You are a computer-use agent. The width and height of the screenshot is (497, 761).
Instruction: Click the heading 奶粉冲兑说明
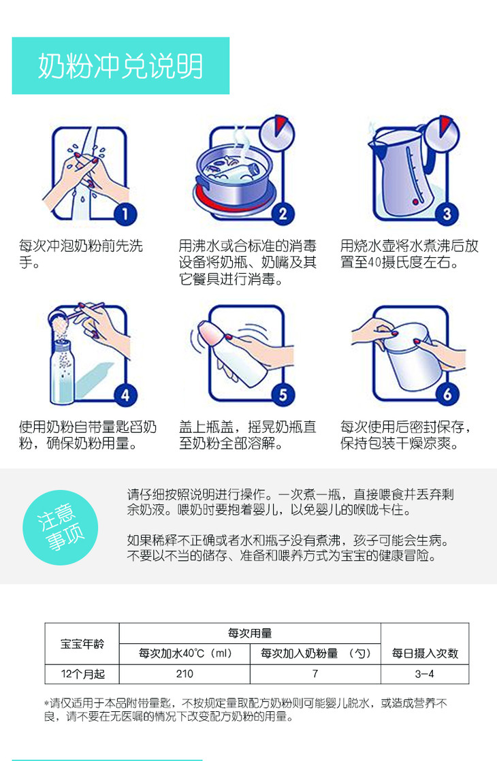click(x=121, y=66)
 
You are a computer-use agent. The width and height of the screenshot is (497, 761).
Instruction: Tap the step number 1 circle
click(x=125, y=214)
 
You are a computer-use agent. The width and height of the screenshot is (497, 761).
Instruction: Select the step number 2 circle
click(x=283, y=214)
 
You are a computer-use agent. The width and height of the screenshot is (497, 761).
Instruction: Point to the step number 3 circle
click(x=447, y=214)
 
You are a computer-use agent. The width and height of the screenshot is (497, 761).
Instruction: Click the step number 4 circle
click(x=125, y=395)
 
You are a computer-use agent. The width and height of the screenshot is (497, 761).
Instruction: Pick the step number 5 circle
click(x=283, y=395)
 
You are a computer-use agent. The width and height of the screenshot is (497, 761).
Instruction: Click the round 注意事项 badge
click(x=61, y=528)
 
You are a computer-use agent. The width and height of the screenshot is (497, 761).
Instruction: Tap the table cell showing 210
click(x=185, y=674)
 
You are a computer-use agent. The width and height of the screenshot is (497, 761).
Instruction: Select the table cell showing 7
click(x=315, y=674)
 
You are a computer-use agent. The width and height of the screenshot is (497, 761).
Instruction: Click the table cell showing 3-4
click(x=425, y=674)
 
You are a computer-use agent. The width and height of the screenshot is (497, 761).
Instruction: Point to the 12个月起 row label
click(x=82, y=674)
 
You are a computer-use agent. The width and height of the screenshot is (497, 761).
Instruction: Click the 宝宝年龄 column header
click(x=82, y=643)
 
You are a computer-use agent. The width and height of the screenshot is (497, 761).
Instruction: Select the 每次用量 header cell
click(x=250, y=633)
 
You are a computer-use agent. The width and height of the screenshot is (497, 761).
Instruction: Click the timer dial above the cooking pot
click(x=277, y=133)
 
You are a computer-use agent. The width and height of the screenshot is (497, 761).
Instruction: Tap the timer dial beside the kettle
click(x=441, y=133)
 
